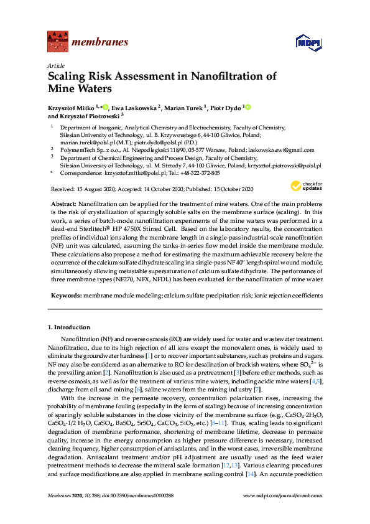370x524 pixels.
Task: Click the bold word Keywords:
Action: click(67, 294)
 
